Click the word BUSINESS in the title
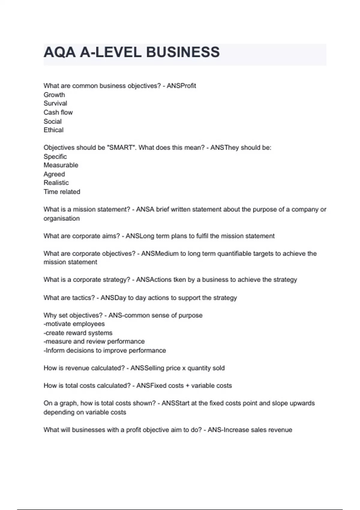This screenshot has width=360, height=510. click(x=183, y=52)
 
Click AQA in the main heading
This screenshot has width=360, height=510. click(x=59, y=52)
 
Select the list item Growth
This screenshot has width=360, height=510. click(x=54, y=95)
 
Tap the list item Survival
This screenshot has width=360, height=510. click(x=55, y=103)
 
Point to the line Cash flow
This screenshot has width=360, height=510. click(x=58, y=112)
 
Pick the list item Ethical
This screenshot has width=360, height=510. click(x=53, y=130)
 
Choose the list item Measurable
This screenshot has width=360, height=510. click(x=61, y=165)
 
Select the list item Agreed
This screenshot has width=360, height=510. click(x=54, y=174)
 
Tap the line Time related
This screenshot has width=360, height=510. click(x=62, y=192)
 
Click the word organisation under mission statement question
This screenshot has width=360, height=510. click(x=61, y=219)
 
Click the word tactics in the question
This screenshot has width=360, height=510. click(x=83, y=298)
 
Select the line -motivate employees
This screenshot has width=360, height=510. click(x=74, y=324)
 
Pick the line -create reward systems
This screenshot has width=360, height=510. click(x=78, y=333)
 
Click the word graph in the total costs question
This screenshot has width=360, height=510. click(x=68, y=403)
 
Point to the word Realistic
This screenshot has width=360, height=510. click(x=56, y=183)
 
